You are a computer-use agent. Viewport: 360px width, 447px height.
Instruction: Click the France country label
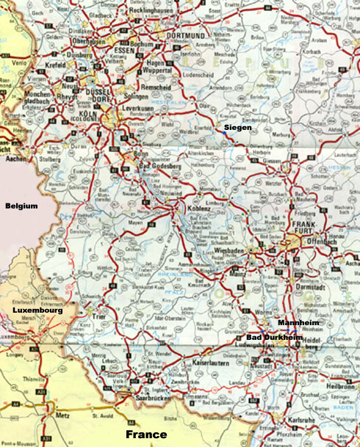point(145,435)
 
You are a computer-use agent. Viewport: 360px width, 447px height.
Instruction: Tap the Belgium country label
point(21,206)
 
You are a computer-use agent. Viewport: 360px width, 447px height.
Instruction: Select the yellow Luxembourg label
point(37,311)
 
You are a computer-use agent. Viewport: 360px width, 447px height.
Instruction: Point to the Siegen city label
point(238,128)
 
